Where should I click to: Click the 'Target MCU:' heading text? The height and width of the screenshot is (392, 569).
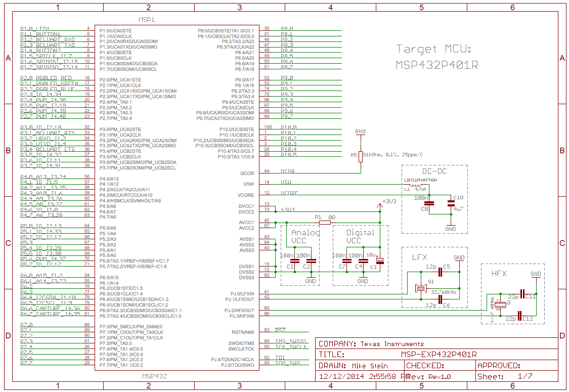433,49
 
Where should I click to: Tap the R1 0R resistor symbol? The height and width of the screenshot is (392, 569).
324,222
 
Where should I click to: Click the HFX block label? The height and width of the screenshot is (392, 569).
500,273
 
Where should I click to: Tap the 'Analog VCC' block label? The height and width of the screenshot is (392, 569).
305,236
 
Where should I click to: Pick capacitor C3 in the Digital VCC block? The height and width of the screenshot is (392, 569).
379,260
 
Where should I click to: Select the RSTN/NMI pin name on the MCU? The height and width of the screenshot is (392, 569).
243,332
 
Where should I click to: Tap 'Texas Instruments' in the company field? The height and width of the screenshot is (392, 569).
392,344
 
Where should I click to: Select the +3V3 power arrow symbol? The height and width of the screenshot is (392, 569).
380,206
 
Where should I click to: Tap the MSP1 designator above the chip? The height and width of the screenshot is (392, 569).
147,19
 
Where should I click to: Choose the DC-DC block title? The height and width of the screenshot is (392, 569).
434,171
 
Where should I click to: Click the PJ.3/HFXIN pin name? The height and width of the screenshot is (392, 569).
240,316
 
